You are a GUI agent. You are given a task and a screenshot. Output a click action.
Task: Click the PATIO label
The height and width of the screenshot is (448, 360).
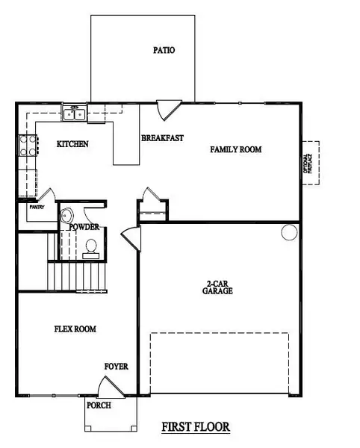(x=164, y=52)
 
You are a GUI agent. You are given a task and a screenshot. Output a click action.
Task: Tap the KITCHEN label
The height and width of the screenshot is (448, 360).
(x=73, y=144)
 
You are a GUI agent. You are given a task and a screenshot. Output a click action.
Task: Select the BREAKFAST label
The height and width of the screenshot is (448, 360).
(x=162, y=137)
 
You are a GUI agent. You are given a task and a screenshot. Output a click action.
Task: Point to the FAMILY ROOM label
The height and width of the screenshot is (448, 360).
(x=235, y=149)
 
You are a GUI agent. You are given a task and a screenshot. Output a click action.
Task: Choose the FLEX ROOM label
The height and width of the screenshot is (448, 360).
(x=75, y=329)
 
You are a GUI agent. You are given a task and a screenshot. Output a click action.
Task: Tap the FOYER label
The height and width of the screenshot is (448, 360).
(x=116, y=367)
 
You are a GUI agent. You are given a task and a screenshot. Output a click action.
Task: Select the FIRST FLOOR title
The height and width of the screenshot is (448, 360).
(x=196, y=427)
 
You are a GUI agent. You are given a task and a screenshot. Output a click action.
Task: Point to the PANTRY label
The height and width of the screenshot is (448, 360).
(x=37, y=208)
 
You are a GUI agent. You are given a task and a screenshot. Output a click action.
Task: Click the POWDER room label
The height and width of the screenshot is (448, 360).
(x=84, y=227)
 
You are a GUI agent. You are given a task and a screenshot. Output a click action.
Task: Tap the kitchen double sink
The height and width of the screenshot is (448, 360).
(x=75, y=114)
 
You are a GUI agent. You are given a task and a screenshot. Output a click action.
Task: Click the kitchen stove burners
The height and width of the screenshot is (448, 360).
(x=28, y=144)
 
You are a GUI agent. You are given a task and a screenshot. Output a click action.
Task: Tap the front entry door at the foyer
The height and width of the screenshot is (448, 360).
(x=111, y=388)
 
